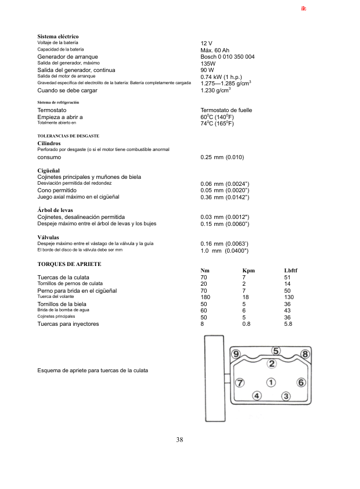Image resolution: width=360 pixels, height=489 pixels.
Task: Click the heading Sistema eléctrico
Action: [x=57, y=37]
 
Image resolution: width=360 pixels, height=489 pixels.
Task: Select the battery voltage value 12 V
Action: [x=206, y=44]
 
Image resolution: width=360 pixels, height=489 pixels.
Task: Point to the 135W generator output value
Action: [x=208, y=63]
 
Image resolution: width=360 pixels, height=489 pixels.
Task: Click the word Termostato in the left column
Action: [x=52, y=110]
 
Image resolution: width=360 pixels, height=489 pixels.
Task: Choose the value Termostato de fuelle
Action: [x=226, y=110]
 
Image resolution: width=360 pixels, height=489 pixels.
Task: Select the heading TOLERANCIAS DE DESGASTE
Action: [x=68, y=136]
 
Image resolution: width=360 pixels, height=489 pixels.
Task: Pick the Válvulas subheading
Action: [x=48, y=237]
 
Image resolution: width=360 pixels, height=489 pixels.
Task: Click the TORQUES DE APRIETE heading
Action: [x=69, y=264]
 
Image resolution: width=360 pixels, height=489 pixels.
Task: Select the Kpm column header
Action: [x=248, y=271]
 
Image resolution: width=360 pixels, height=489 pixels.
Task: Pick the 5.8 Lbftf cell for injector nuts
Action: [x=288, y=323]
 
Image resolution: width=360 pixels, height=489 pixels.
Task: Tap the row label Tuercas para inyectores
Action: [x=68, y=323]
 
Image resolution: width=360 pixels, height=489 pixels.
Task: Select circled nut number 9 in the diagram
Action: [x=236, y=354]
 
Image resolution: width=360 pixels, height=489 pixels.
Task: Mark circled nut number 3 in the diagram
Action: [x=286, y=396]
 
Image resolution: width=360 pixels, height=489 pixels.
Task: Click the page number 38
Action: [x=179, y=440]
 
